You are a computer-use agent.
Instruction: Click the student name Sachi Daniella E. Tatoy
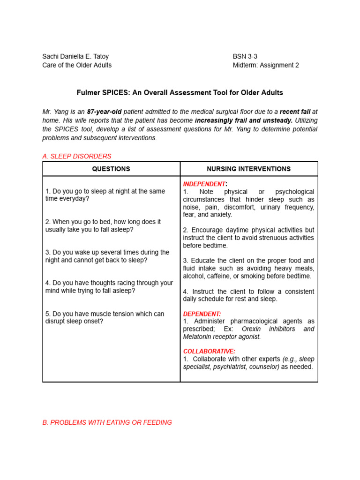coord(75,56)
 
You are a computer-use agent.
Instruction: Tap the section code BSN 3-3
coord(245,56)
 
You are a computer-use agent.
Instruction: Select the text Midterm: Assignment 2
coord(266,65)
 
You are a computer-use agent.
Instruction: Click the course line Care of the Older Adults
coord(77,65)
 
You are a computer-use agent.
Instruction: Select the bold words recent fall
coord(295,112)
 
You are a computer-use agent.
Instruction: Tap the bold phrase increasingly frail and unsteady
coord(244,120)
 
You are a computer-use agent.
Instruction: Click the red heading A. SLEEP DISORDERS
coord(77,156)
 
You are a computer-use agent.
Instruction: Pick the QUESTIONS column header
coord(111,169)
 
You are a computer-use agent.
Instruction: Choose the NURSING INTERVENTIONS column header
coord(249,169)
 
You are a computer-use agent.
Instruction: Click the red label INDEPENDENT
coord(204,184)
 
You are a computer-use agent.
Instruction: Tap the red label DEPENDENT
coord(202,314)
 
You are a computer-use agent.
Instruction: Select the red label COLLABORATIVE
coord(209,351)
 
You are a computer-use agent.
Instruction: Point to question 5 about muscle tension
coord(105,317)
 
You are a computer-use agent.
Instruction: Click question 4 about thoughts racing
coord(109,287)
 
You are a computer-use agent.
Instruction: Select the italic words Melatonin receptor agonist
coord(222,337)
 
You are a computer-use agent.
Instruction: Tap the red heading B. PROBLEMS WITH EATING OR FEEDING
coord(107,422)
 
